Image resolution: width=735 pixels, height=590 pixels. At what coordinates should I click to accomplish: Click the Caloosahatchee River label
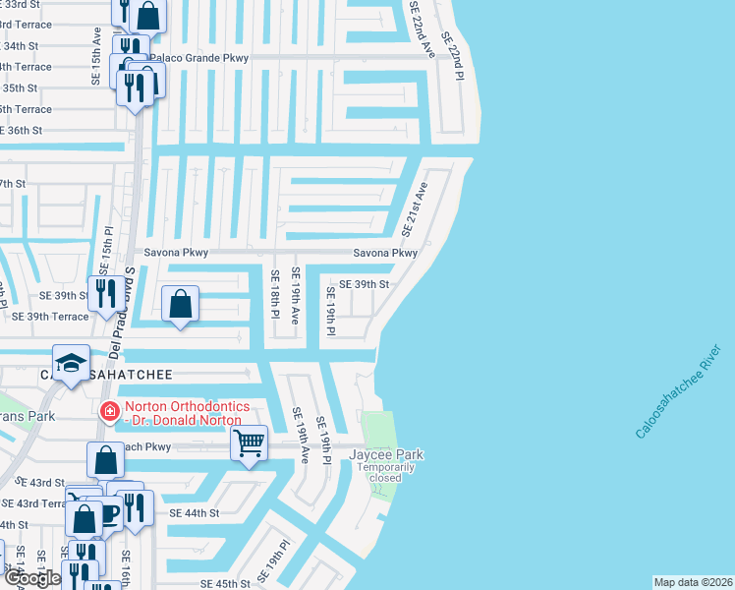[676, 390]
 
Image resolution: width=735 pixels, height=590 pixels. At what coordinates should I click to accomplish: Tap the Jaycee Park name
[386, 454]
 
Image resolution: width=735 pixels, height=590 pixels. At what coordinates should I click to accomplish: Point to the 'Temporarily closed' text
[386, 472]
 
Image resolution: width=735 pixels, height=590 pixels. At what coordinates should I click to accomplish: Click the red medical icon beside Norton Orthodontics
[110, 411]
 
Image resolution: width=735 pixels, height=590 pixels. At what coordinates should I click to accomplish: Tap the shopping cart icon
[250, 443]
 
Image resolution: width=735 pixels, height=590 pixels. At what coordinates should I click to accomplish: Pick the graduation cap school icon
[72, 363]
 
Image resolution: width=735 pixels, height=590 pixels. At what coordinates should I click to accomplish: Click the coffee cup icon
[108, 511]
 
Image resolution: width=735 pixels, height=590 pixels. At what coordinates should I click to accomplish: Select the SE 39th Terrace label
[50, 316]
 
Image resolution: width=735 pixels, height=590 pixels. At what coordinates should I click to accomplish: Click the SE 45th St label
[225, 583]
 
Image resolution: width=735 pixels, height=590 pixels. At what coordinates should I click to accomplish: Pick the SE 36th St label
[22, 130]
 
